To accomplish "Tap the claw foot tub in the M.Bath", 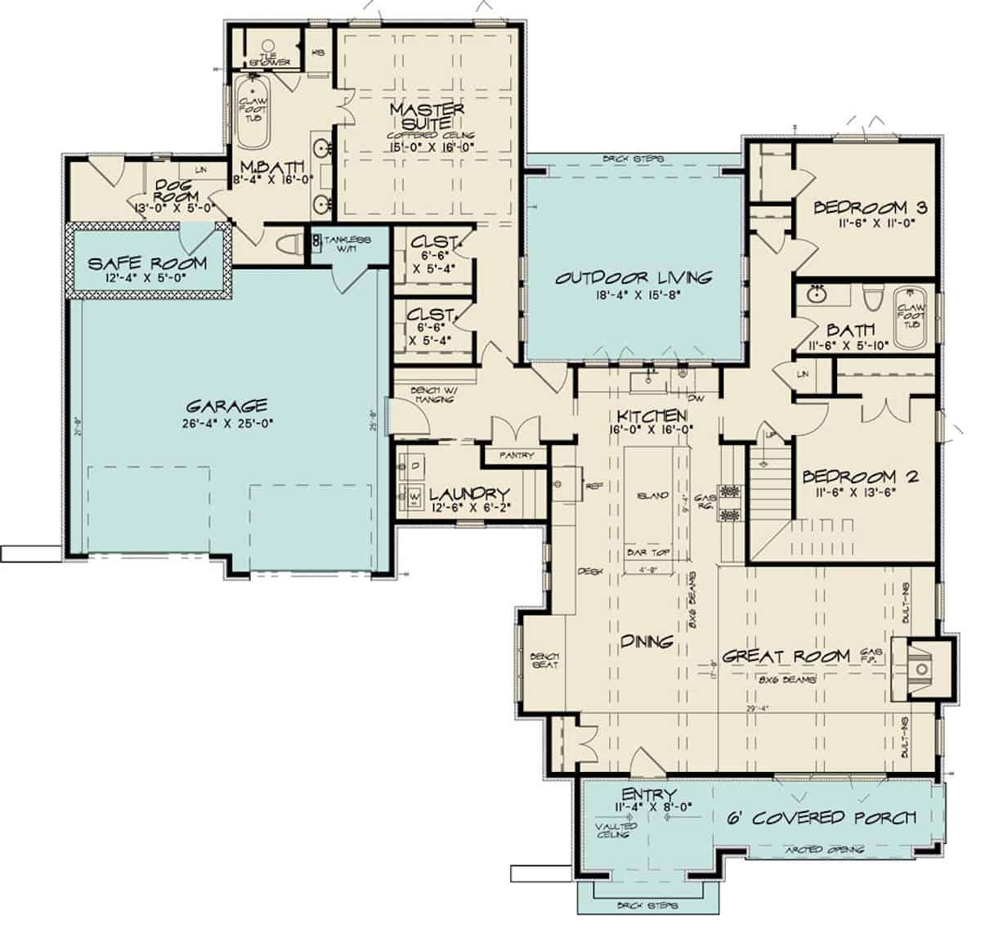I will pyautogui.click(x=253, y=110).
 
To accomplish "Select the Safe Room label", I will pyautogui.click(x=146, y=264).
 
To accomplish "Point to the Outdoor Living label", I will pyautogui.click(x=634, y=278).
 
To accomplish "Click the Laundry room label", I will pyautogui.click(x=469, y=495).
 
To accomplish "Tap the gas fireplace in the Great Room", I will pyautogui.click(x=922, y=668).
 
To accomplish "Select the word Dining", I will pyautogui.click(x=645, y=642).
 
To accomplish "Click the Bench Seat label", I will pyautogui.click(x=543, y=660).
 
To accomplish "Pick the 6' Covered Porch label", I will pyautogui.click(x=820, y=817).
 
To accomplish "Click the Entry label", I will pyautogui.click(x=647, y=795).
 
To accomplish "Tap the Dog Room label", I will pyautogui.click(x=173, y=191).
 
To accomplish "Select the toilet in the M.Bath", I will pyautogui.click(x=288, y=245).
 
